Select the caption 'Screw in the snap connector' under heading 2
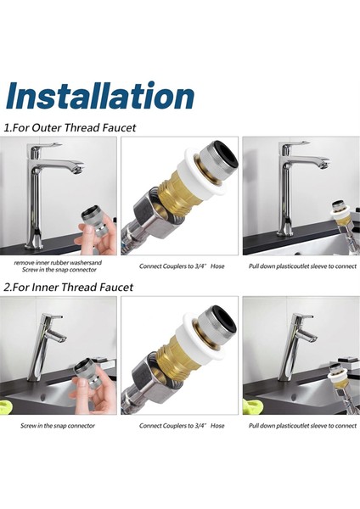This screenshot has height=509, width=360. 59,425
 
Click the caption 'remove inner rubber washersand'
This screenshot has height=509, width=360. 59,262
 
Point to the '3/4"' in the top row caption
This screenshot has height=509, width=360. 205,266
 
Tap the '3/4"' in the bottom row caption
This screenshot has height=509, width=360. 205,425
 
